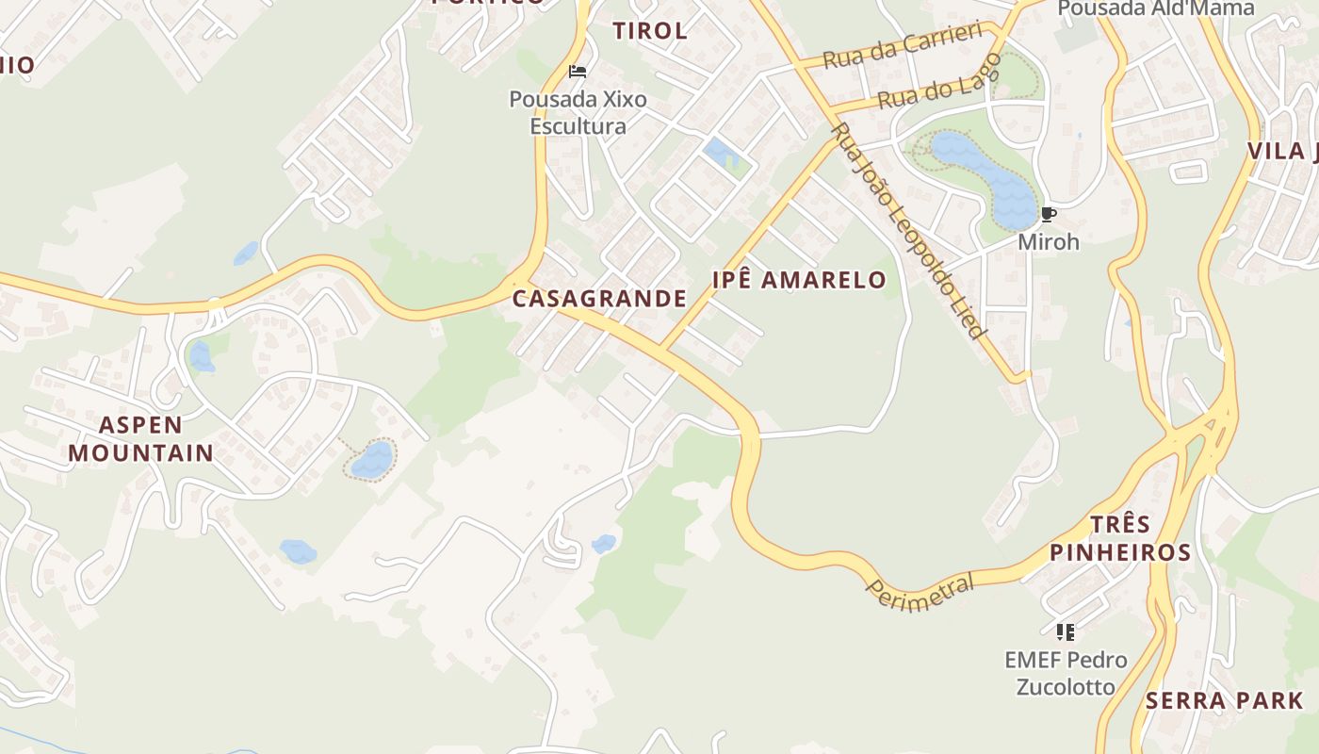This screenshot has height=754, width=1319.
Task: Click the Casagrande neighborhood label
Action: point(599,299)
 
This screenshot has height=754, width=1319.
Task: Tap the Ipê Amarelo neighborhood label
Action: point(799,280)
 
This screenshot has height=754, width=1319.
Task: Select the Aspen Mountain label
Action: point(140,438)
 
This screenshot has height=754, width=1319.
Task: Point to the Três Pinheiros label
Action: point(1120,538)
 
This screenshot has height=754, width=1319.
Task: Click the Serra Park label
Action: point(1224,701)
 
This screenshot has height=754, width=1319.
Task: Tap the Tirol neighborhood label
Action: point(649,30)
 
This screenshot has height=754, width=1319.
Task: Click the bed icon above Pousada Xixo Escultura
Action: point(578,72)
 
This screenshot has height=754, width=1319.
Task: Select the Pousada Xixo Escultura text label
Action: point(578,112)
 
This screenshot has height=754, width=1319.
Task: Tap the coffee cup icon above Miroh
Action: point(1049,215)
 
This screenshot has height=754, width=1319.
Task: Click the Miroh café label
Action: point(1048,242)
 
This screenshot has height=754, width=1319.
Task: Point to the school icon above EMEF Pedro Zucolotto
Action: point(1066,631)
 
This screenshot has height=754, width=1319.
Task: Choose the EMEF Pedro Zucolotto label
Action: point(1066,672)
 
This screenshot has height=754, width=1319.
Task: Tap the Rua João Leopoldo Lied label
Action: point(908,231)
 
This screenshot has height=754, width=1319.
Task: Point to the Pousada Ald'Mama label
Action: point(1155,8)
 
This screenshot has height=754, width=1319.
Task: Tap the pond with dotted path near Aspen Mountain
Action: point(372,460)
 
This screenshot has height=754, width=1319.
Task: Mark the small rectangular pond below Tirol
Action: point(721,153)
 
